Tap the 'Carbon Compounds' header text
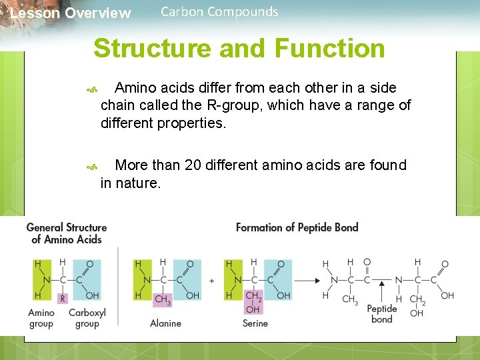click(x=219, y=12)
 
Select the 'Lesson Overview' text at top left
click(x=71, y=13)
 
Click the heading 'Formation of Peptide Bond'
click(x=297, y=227)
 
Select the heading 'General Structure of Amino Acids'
click(x=67, y=233)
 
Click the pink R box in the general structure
click(x=63, y=299)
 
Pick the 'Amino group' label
click(x=41, y=318)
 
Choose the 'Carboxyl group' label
click(x=87, y=318)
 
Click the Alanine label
click(x=165, y=323)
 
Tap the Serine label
click(x=255, y=323)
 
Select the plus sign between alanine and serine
click(x=211, y=281)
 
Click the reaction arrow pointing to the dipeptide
click(x=307, y=281)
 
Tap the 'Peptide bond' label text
click(x=381, y=314)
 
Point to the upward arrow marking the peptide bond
click(x=382, y=291)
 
